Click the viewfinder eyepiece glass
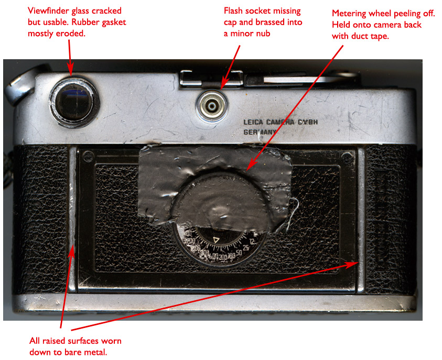(x=75, y=99)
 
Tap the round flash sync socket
(x=211, y=106)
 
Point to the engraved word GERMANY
(x=261, y=133)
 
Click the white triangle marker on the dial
(x=216, y=240)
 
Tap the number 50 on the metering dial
(x=239, y=253)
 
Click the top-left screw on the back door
(x=88, y=155)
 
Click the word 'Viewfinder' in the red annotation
(x=48, y=11)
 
